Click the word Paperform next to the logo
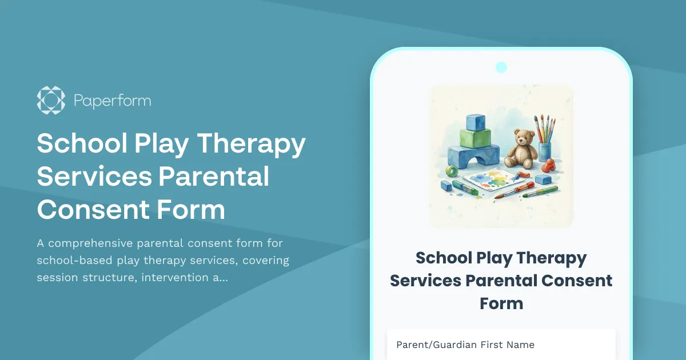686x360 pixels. [113, 101]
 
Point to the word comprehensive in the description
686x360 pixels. [94, 243]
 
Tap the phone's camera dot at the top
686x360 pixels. [501, 67]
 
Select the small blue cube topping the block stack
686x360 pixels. [476, 122]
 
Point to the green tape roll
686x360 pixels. [453, 171]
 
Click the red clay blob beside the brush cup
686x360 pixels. [549, 166]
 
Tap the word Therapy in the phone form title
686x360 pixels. [551, 258]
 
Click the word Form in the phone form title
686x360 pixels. [501, 303]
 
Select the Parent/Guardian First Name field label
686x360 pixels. [465, 345]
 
